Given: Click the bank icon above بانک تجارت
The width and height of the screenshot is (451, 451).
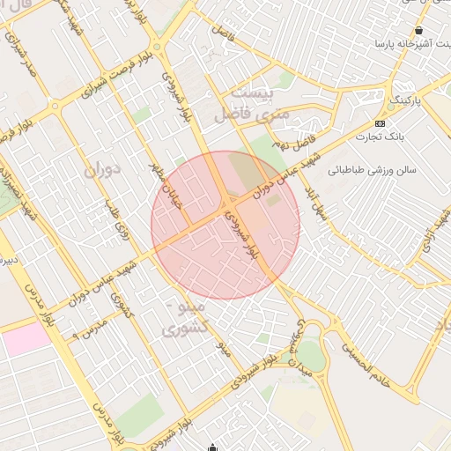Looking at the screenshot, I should (x=380, y=122).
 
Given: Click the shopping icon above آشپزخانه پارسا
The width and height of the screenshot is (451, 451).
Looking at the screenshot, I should (x=418, y=30).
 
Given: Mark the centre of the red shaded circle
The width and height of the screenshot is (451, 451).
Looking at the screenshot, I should (x=225, y=225).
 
